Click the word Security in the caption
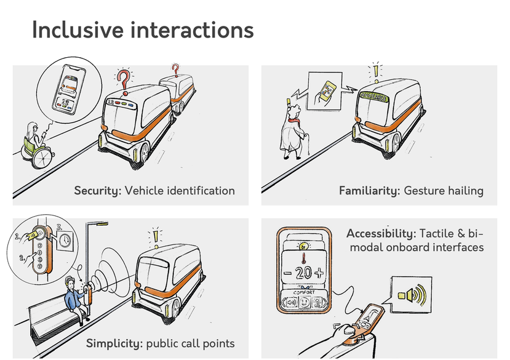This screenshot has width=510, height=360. coord(97,191)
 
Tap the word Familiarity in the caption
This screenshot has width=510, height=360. coord(369,191)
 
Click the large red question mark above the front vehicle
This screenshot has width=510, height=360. coord(124,79)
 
